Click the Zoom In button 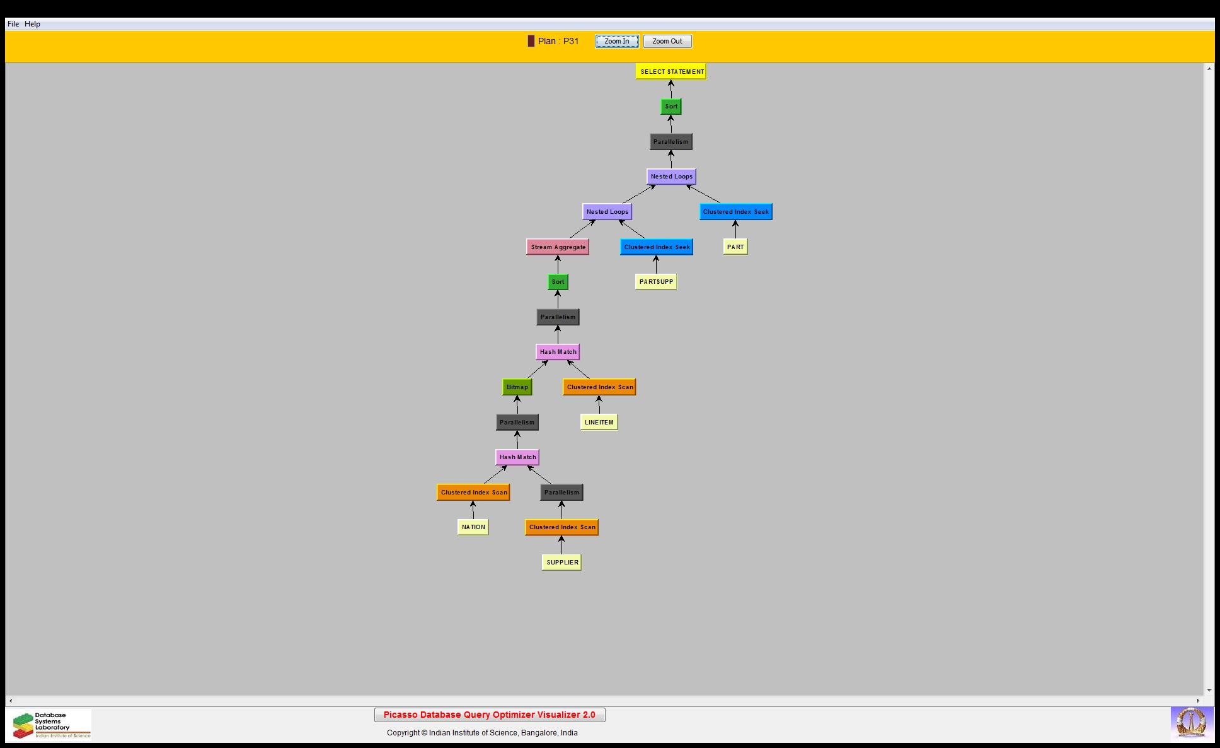pyautogui.click(x=616, y=42)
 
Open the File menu pyautogui.click(x=13, y=24)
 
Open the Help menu pyautogui.click(x=32, y=24)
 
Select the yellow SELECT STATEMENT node pyautogui.click(x=671, y=72)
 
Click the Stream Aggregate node pyautogui.click(x=558, y=247)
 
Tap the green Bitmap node pyautogui.click(x=517, y=387)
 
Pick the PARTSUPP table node pyautogui.click(x=656, y=282)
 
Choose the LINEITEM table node pyautogui.click(x=599, y=423)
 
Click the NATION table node pyautogui.click(x=473, y=527)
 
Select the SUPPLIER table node pyautogui.click(x=562, y=563)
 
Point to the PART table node pyautogui.click(x=735, y=247)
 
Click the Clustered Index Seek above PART pyautogui.click(x=736, y=212)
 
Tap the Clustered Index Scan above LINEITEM pyautogui.click(x=599, y=387)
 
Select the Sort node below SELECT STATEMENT pyautogui.click(x=671, y=107)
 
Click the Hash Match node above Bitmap pyautogui.click(x=558, y=352)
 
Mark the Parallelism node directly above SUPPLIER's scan pyautogui.click(x=561, y=493)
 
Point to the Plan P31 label pyautogui.click(x=553, y=42)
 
